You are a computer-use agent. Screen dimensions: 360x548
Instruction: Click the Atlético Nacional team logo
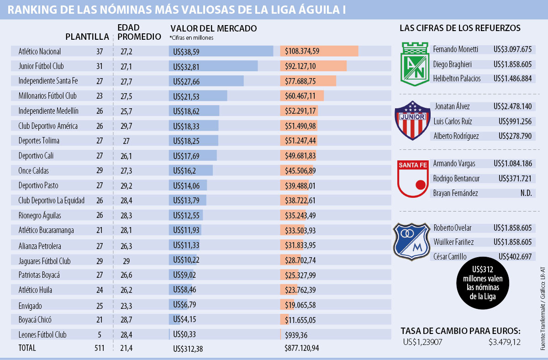tap(414, 64)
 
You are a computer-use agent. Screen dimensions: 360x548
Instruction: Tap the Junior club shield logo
tap(413, 121)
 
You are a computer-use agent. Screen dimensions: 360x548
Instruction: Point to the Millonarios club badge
tap(412, 241)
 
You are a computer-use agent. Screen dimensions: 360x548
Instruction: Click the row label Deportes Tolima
tap(39, 141)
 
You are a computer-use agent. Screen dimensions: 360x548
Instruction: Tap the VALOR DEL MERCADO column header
tap(213, 29)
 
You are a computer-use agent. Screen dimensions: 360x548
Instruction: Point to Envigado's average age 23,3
tap(126, 306)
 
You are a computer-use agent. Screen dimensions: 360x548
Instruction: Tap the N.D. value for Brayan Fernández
tap(526, 193)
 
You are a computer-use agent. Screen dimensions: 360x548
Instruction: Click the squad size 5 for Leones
tap(99, 335)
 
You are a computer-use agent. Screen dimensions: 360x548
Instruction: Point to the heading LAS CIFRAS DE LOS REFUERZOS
tap(460, 28)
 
